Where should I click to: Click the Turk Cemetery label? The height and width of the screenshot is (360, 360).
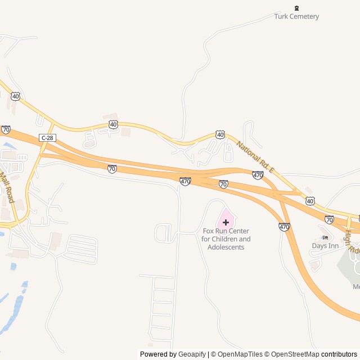(296, 16)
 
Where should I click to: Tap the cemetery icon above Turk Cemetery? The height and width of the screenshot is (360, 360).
(297, 8)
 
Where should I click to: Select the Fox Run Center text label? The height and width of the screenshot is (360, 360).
(226, 239)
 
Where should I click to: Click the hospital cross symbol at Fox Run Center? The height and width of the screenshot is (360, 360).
(226, 222)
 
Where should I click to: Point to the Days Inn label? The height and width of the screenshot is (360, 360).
(325, 246)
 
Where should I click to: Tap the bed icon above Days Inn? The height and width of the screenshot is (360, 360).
(325, 237)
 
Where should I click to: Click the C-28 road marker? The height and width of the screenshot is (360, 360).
(47, 138)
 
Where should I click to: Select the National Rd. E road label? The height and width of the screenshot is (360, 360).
(255, 157)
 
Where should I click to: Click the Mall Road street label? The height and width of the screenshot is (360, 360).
(7, 187)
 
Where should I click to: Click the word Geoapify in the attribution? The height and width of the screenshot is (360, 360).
(191, 354)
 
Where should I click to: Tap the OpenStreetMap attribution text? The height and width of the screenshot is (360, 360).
(296, 354)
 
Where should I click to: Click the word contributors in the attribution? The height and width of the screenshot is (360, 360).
(339, 354)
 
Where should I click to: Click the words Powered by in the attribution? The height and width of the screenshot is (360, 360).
(157, 354)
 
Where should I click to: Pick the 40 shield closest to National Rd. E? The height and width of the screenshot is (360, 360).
(220, 135)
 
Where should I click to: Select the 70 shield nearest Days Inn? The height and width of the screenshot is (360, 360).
(329, 219)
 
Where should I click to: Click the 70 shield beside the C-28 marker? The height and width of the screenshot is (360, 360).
(6, 129)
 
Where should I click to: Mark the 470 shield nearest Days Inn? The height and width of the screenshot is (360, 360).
(284, 227)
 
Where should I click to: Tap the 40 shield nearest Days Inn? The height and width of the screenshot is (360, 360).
(310, 200)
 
